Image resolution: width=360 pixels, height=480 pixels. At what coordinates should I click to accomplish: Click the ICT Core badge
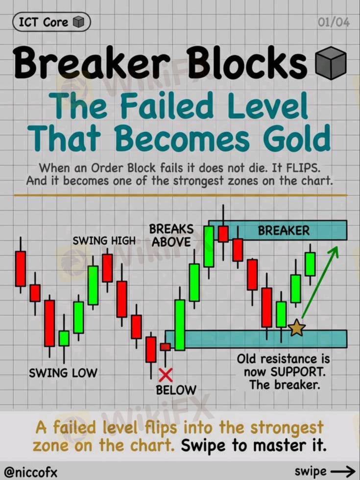click(x=51, y=23)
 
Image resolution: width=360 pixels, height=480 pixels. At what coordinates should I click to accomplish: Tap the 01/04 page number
click(x=334, y=23)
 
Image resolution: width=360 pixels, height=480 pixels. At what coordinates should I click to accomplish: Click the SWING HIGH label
click(x=104, y=241)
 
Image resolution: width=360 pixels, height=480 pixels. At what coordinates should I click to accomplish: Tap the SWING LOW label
click(x=63, y=373)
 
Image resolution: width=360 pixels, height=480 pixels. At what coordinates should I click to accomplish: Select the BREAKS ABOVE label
click(x=171, y=236)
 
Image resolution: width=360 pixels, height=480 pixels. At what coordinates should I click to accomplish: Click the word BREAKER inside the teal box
click(x=284, y=231)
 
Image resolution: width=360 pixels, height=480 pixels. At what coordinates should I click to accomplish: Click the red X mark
click(x=166, y=375)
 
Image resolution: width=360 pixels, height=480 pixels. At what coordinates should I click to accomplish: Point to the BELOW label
click(x=176, y=390)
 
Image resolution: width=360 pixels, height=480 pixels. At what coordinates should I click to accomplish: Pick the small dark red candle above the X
click(x=166, y=347)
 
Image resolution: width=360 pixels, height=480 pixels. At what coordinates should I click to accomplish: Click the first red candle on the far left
click(x=21, y=269)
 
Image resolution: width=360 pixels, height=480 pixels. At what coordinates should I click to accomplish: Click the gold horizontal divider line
click(x=181, y=195)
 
